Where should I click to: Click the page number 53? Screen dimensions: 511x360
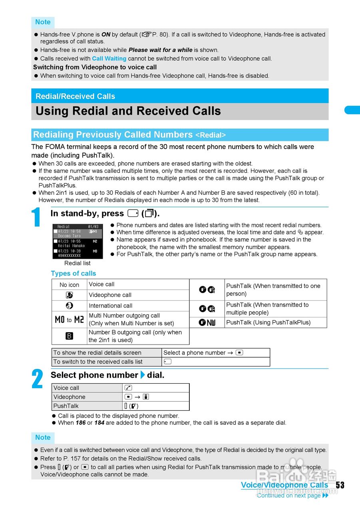click(x=340, y=485)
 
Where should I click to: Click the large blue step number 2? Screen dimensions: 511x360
click(x=37, y=379)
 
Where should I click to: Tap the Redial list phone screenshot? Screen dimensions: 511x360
click(x=77, y=241)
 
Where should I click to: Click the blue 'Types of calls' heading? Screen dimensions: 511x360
click(x=74, y=273)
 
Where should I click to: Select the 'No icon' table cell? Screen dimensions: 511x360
click(x=70, y=285)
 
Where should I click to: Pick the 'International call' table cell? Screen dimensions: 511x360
click(x=111, y=306)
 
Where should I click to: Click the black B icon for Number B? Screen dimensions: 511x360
click(x=69, y=336)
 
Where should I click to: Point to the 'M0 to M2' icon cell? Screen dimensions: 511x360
click(x=69, y=320)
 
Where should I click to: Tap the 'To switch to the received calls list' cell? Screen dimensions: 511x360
click(x=98, y=362)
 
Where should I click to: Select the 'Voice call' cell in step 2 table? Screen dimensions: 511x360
click(x=66, y=388)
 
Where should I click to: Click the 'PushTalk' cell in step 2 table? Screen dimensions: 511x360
click(x=66, y=406)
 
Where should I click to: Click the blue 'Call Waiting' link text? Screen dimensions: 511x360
click(x=109, y=59)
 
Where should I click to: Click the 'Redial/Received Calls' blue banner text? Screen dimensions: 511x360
click(x=75, y=96)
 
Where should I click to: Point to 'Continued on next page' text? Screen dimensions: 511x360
click(x=288, y=495)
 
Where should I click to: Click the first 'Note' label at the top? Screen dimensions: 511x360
click(x=43, y=22)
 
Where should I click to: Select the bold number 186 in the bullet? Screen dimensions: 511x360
click(x=81, y=423)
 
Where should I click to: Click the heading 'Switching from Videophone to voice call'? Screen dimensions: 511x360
click(x=95, y=67)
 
